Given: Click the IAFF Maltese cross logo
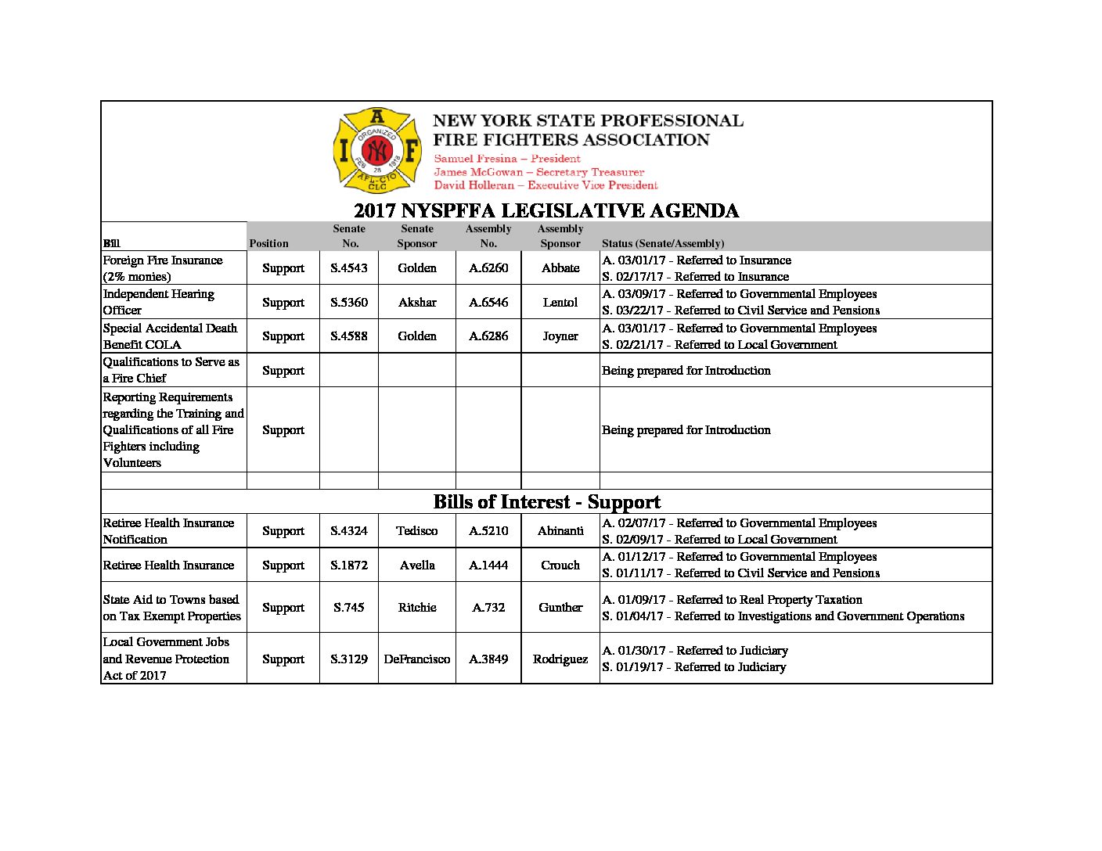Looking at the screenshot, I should (x=377, y=150).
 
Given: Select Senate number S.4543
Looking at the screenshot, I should (x=349, y=268).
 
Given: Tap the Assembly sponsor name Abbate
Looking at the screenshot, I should (x=560, y=268).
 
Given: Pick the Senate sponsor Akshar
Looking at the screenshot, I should (x=417, y=303).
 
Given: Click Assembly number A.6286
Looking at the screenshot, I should (x=488, y=336).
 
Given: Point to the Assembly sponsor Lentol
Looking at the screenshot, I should (x=560, y=303).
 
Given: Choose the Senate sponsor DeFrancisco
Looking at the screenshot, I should (x=417, y=659).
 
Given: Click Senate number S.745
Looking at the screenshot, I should (x=349, y=608).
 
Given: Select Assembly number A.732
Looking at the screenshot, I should (x=488, y=608).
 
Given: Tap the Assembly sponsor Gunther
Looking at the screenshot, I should (x=560, y=608).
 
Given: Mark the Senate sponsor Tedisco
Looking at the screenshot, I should (x=417, y=531).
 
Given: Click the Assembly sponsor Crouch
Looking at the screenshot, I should (x=560, y=566).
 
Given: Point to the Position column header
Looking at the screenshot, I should (x=269, y=244).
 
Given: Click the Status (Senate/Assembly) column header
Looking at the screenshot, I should (x=663, y=244).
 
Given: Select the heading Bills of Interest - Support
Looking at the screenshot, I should (x=546, y=502).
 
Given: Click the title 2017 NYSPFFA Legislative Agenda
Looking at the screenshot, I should (x=546, y=211).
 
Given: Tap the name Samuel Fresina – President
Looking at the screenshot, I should (x=507, y=159).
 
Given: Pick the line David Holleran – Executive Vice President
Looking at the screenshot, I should (x=546, y=185).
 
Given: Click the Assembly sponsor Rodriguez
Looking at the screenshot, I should (x=560, y=659).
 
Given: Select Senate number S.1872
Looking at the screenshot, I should (x=349, y=566).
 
